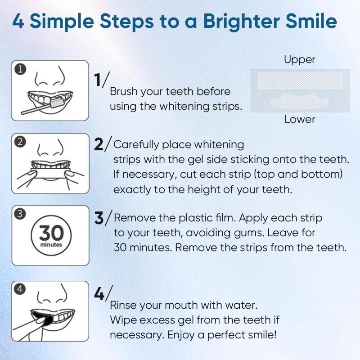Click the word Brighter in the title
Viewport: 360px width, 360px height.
(x=241, y=22)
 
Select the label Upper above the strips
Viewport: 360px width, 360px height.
(x=299, y=60)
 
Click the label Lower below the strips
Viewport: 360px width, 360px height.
(x=300, y=119)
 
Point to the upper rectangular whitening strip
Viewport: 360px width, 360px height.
(x=300, y=81)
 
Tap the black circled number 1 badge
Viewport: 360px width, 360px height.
(x=20, y=69)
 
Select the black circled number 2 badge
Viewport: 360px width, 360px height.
(x=20, y=142)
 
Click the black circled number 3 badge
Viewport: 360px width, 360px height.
(x=20, y=213)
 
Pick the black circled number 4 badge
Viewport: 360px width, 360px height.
(x=20, y=289)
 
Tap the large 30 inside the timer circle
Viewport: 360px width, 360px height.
(x=51, y=233)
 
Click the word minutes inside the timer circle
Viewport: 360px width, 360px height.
(x=51, y=244)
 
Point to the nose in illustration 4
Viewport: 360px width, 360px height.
(x=52, y=295)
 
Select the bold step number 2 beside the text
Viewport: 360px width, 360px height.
(x=99, y=144)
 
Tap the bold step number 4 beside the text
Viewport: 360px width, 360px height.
(x=99, y=294)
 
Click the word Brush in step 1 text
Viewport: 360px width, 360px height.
(x=123, y=91)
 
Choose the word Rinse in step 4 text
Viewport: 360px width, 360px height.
(x=123, y=305)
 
